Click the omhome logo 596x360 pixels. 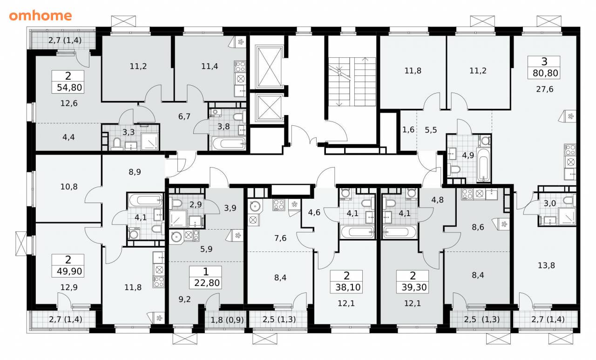(41, 16)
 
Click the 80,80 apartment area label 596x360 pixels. (545, 73)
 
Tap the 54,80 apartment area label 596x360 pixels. (69, 87)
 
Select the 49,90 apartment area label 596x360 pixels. (69, 272)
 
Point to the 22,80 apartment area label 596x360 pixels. (207, 283)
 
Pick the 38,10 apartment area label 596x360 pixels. (348, 287)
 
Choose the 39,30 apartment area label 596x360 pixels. (414, 287)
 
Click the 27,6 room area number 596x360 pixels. (545, 89)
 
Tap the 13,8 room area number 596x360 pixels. (546, 265)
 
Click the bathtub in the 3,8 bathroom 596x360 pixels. (229, 144)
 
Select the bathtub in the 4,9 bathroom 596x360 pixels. (483, 165)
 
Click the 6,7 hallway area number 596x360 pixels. (184, 116)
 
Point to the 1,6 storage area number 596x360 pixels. (408, 129)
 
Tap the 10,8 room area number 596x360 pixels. (69, 187)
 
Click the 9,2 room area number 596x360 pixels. (184, 299)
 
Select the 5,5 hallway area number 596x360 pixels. (431, 130)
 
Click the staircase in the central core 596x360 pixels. (352, 82)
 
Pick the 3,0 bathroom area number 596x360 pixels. (550, 204)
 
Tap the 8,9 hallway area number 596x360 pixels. (135, 172)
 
